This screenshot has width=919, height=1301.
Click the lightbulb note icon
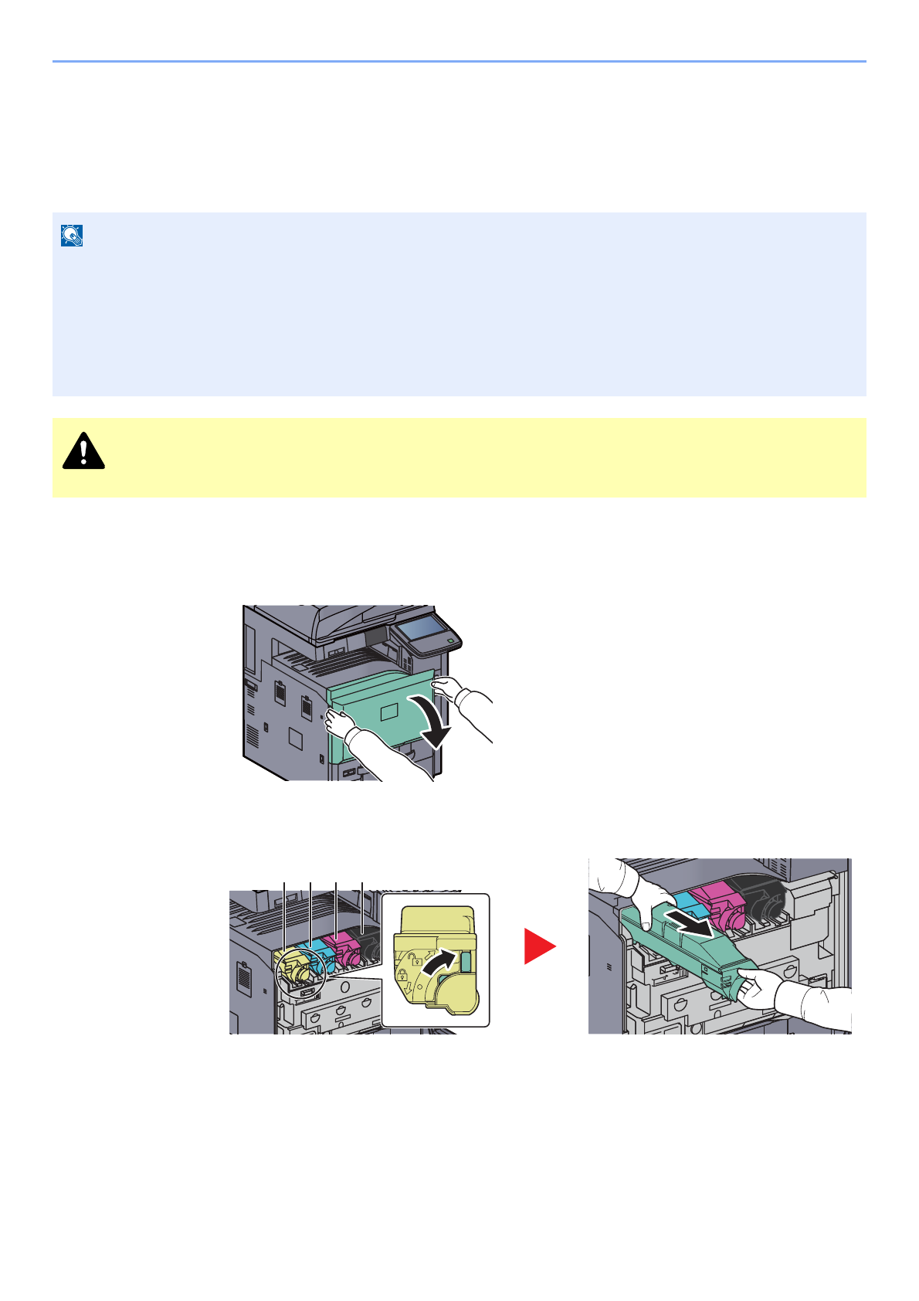[72, 236]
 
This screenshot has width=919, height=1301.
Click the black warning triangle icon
[83, 451]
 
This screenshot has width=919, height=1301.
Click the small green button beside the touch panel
[451, 641]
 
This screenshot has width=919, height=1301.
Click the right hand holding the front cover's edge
[448, 687]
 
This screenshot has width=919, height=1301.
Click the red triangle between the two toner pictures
[539, 946]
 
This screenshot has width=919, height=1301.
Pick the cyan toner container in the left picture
[318, 956]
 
